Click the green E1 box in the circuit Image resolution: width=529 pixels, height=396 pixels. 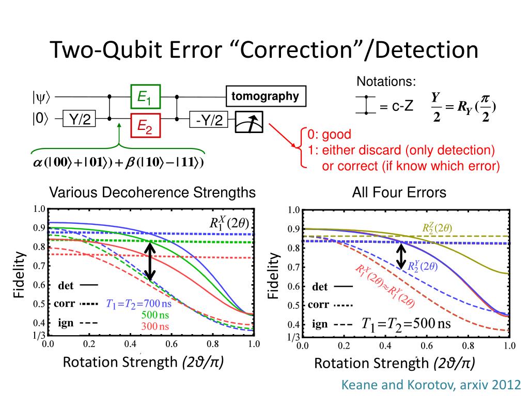pyautogui.click(x=145, y=96)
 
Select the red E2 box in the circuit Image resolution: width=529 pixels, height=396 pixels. pyautogui.click(x=145, y=125)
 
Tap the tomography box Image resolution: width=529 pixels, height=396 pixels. pyautogui.click(x=265, y=96)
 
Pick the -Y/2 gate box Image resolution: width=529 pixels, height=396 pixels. pyautogui.click(x=209, y=121)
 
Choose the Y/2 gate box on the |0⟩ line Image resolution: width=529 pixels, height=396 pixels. pyautogui.click(x=80, y=120)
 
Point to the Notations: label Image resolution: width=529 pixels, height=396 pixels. pyautogui.click(x=386, y=81)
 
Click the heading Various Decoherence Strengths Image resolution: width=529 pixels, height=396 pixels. pyautogui.click(x=152, y=193)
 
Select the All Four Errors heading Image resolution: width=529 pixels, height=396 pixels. pyautogui.click(x=399, y=193)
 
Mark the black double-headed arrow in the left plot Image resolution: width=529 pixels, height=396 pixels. pyautogui.click(x=150, y=261)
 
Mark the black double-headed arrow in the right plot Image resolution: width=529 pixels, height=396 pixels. pyautogui.click(x=401, y=256)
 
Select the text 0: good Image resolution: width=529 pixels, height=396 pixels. pyautogui.click(x=329, y=135)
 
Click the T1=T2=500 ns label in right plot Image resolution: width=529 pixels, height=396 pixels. pyautogui.click(x=406, y=324)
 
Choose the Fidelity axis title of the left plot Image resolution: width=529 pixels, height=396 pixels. pyautogui.click(x=19, y=274)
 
